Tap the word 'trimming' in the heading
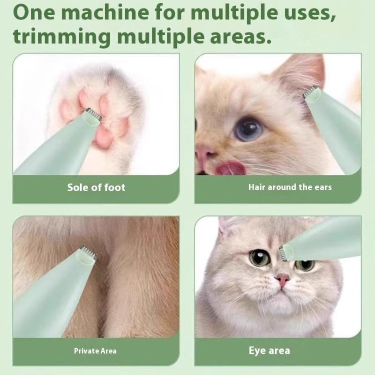click(x=61, y=37)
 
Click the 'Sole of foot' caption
click(x=96, y=187)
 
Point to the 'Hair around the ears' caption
click(x=290, y=187)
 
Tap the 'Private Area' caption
click(x=95, y=351)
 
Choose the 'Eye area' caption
click(x=269, y=351)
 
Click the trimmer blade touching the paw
click(x=93, y=113)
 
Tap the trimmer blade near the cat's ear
click(x=311, y=91)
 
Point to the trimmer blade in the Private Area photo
click(x=88, y=253)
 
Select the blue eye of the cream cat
click(x=248, y=129)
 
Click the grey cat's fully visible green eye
click(x=260, y=257)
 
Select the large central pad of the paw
click(x=103, y=137)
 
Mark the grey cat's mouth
click(x=282, y=292)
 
